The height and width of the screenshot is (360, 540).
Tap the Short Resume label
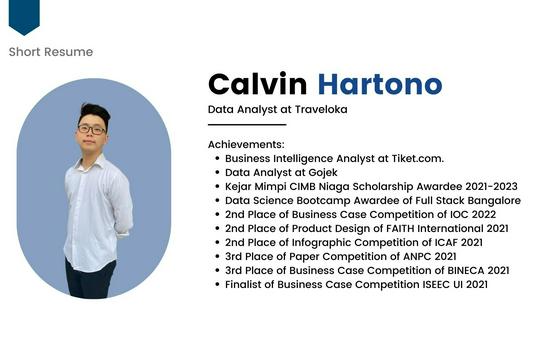[50, 52]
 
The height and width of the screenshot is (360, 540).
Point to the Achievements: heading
[246, 144]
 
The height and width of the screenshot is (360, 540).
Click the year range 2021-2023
[482, 186]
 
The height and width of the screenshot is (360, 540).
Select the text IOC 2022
[470, 214]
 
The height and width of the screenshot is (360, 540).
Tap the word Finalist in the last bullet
[249, 284]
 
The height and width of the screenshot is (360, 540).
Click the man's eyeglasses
[91, 129]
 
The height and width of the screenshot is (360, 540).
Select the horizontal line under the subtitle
[247, 125]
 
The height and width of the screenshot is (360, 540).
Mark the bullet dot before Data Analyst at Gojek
[217, 172]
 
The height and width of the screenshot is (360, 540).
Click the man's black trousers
[90, 279]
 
